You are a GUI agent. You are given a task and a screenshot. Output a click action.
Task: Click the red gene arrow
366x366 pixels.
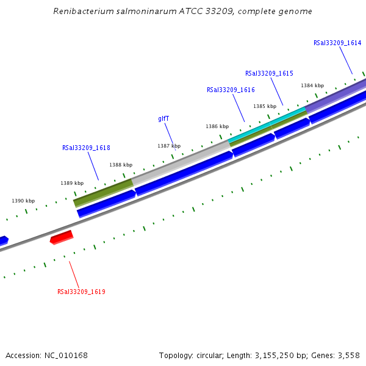point(62,237)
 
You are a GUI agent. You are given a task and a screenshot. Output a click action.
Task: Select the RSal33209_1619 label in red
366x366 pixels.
point(81,292)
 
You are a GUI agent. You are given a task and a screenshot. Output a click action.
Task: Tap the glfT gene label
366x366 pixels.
point(163,119)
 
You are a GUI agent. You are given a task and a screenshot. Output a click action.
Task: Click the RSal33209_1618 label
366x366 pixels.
point(86,148)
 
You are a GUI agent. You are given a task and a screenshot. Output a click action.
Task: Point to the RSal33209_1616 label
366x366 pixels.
point(231,90)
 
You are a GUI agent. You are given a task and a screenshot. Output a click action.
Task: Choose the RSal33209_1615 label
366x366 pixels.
point(269,73)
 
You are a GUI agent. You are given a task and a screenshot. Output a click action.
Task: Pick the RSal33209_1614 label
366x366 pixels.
point(337,43)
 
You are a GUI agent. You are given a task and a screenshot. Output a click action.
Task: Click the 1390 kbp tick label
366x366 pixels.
point(23,201)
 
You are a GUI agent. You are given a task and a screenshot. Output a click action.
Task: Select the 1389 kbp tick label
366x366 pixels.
point(72,183)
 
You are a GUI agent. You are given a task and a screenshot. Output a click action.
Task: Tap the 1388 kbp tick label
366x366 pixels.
point(121,165)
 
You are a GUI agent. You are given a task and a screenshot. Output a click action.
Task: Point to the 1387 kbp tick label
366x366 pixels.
point(169,146)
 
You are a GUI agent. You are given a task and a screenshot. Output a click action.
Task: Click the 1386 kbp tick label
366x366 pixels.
point(217,126)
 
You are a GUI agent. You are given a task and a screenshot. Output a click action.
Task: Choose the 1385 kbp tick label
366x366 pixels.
point(265,106)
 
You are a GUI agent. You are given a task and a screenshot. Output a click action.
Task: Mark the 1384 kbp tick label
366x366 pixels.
point(312,85)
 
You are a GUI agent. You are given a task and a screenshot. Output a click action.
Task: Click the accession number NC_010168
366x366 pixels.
point(65,355)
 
